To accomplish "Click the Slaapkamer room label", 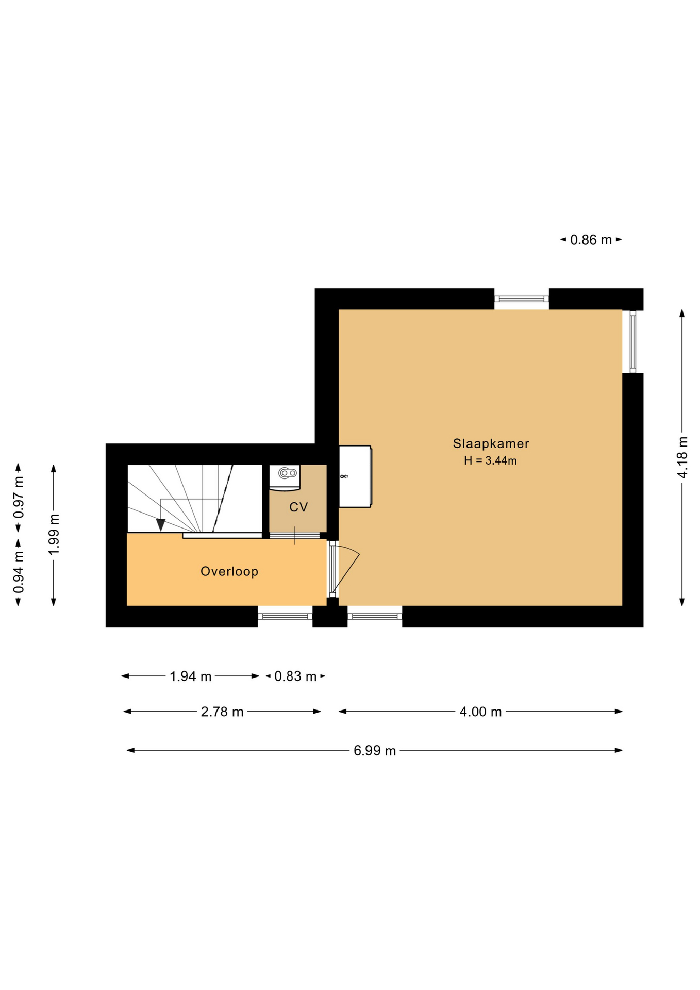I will tap(490, 443).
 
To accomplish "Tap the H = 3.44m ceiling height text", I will tap(490, 460).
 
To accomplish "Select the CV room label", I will tap(298, 507).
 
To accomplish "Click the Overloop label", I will tap(229, 571).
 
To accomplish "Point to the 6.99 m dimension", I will tap(374, 750).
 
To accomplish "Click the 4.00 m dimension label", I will tap(480, 712).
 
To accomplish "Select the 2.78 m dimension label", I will tap(222, 712).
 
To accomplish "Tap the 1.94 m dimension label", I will tap(190, 676).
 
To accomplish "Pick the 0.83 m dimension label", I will tap(295, 676).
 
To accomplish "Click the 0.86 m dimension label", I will tap(591, 240).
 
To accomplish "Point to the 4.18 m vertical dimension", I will tap(682, 457).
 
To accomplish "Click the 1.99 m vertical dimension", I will tap(54, 534).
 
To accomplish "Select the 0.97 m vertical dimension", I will tap(19, 497).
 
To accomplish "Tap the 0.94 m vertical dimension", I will tap(19, 572).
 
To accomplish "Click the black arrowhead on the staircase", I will tap(161, 525).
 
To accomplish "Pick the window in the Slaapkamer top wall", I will tap(521, 299).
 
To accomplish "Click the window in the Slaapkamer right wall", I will tap(632, 341).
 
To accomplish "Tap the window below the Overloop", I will tap(285, 616).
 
